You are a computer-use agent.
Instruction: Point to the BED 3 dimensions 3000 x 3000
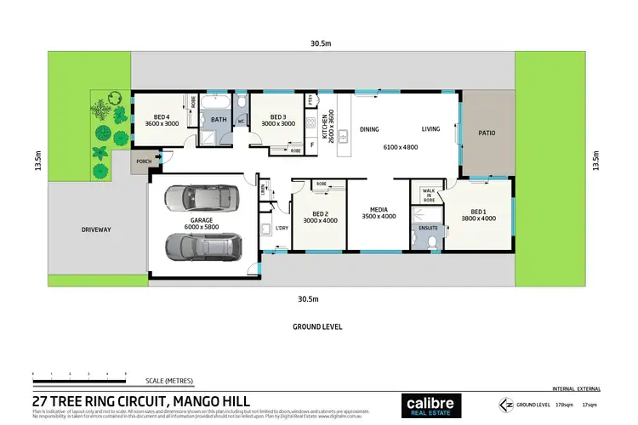pos(276,124)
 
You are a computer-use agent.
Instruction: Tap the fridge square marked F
pos(312,145)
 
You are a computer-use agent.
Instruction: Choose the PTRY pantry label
pos(311,100)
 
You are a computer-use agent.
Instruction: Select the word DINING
pos(369,129)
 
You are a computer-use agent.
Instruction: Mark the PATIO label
pos(486,133)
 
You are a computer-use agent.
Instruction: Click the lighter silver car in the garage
pos(196,199)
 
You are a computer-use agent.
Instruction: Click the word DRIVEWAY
pos(97,229)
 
